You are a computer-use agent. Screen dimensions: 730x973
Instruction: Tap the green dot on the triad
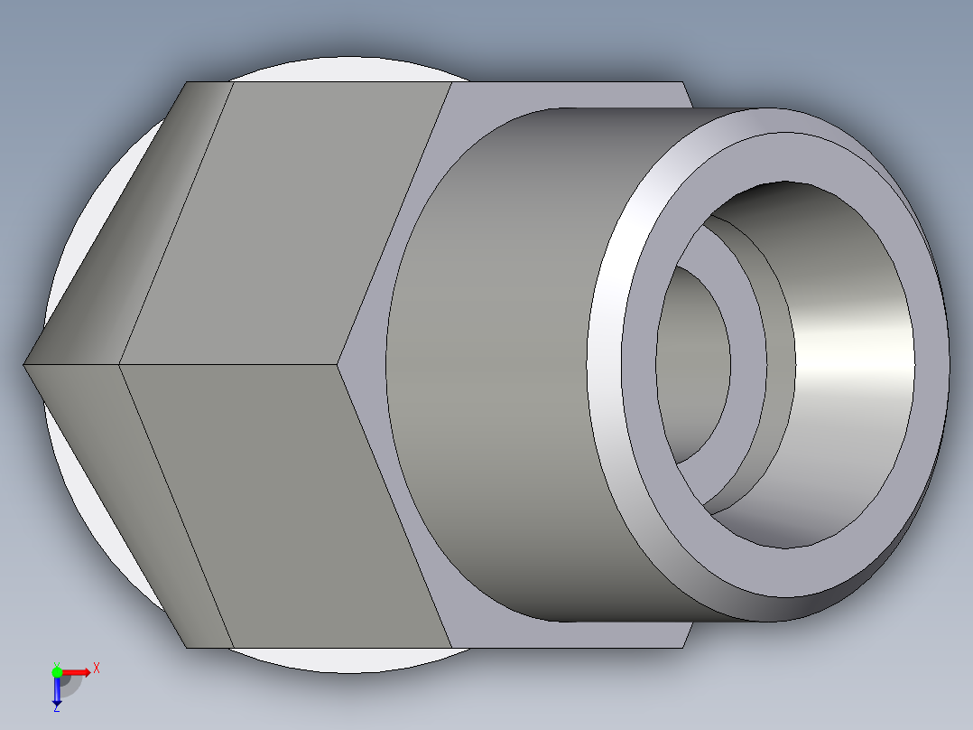57,671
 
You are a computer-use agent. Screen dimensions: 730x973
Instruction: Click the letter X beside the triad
96,669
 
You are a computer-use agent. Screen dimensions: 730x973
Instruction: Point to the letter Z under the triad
56,708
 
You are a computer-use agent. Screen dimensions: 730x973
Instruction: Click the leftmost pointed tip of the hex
24,364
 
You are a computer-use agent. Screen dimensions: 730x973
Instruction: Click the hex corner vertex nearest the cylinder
339,364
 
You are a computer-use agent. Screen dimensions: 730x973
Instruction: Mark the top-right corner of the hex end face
683,82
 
